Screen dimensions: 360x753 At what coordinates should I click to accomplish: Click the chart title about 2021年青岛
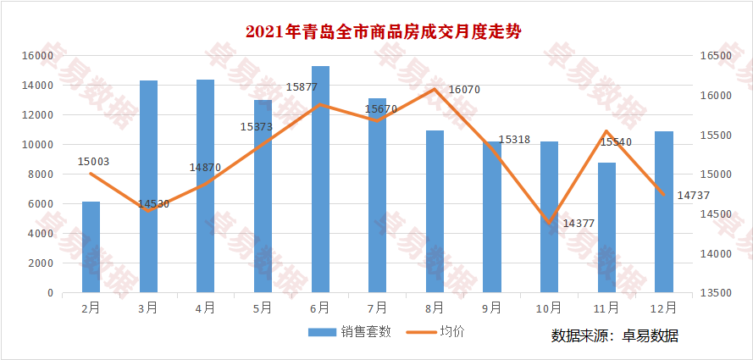tap(383, 32)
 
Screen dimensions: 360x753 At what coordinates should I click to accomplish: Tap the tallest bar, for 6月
tap(320, 180)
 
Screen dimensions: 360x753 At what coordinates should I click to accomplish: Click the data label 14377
tap(579, 223)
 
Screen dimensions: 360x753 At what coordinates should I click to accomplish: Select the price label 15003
tap(93, 161)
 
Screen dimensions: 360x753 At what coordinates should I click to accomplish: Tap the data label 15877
tap(302, 86)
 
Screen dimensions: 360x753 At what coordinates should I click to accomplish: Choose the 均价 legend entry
tap(439, 332)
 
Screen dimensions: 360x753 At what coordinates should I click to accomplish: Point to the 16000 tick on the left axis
tap(37, 56)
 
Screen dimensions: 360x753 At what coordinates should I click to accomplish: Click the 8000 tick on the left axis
tap(41, 174)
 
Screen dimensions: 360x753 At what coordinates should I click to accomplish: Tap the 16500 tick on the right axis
tap(716, 56)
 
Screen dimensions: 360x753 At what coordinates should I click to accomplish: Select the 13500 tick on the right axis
tap(716, 293)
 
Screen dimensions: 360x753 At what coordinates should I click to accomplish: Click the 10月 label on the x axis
tap(549, 307)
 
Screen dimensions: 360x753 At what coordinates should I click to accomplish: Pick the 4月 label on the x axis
tap(205, 307)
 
